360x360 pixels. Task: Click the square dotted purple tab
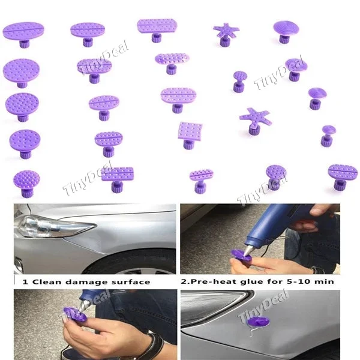coord(190,131)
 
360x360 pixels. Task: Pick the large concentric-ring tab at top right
coord(286,28)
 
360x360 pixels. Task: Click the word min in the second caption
coord(324,281)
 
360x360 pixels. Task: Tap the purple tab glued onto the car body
coord(254,323)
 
